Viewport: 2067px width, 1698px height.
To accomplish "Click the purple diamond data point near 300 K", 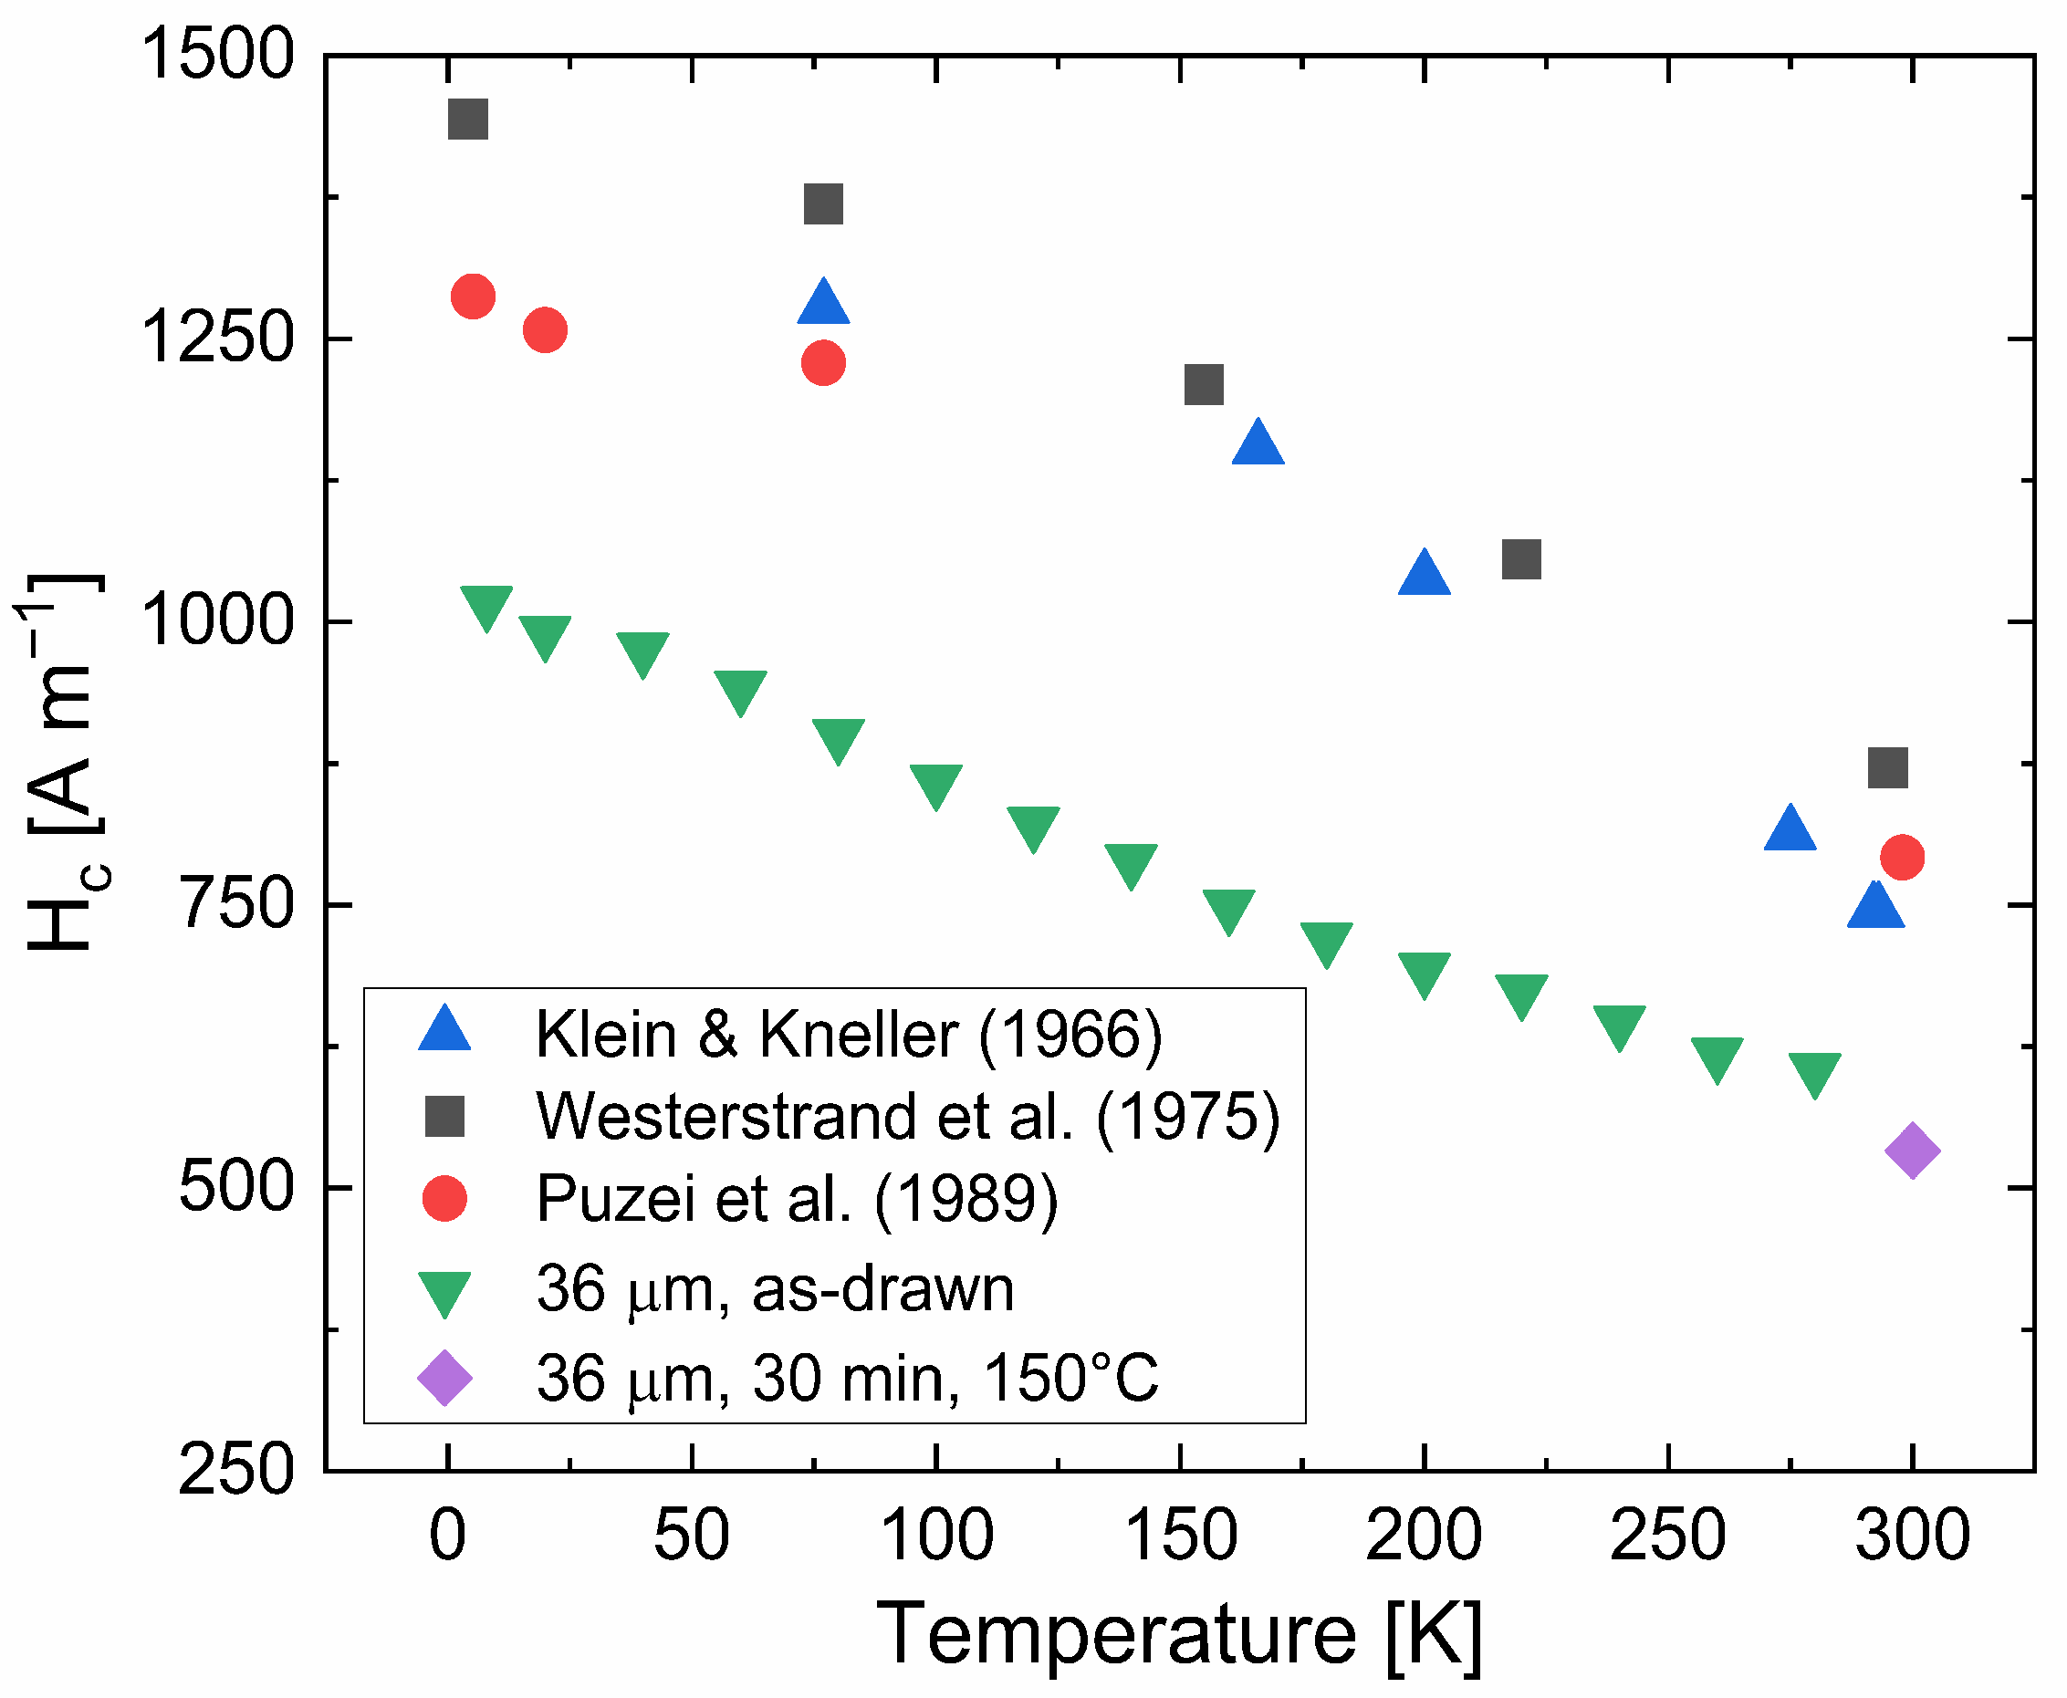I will click(1912, 1151).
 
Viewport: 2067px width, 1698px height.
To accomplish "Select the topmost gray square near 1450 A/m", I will click(467, 120).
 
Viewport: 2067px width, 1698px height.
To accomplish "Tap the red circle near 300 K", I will click(1902, 857).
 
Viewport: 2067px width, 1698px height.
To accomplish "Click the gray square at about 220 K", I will click(1521, 559).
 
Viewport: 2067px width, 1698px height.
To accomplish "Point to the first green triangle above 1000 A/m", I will click(486, 607).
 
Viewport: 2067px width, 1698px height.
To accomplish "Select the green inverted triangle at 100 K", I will click(935, 785).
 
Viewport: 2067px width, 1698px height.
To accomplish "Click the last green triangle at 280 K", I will click(1814, 1073).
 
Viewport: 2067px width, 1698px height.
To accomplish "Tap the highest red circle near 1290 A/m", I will click(473, 297).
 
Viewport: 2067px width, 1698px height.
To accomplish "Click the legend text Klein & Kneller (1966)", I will click(849, 1034).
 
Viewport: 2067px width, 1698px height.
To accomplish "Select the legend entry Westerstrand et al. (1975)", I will click(908, 1116).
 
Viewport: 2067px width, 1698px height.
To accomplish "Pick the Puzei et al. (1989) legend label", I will click(798, 1198).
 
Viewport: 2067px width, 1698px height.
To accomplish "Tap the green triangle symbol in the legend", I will click(444, 1292).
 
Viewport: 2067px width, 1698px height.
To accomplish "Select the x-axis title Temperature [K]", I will click(1179, 1633).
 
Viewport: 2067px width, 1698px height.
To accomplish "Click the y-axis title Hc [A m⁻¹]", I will click(60, 763).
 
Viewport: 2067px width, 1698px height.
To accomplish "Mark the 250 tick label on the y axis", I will click(235, 1470).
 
